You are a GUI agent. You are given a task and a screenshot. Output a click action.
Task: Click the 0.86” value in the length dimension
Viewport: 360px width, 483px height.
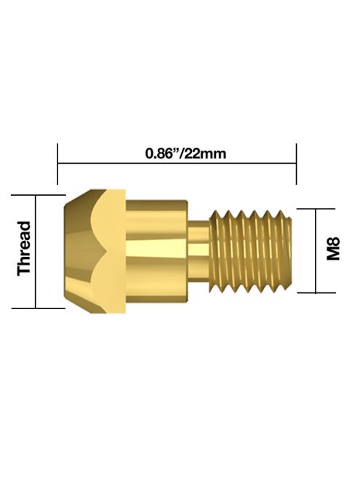(x=161, y=154)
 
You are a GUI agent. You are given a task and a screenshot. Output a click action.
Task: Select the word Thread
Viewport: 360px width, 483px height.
(x=25, y=248)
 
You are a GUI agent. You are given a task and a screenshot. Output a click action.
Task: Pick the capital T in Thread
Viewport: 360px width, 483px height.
(x=25, y=269)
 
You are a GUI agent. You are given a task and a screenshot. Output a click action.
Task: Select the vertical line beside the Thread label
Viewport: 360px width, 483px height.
(x=35, y=251)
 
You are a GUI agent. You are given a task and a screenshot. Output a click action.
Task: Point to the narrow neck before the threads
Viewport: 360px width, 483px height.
(x=199, y=251)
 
